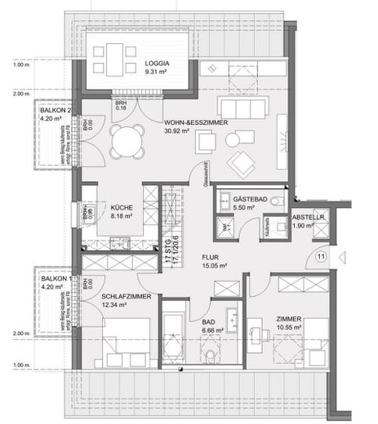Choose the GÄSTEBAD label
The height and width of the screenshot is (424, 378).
pos(247,200)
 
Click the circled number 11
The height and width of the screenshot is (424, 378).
pos(321,257)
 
